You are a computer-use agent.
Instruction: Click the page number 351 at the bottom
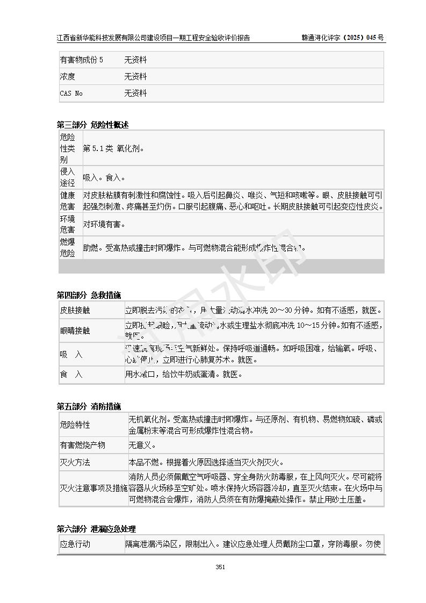tap(220, 567)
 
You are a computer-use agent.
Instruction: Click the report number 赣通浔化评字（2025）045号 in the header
tap(343, 38)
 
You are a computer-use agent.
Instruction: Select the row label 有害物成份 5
tap(81, 60)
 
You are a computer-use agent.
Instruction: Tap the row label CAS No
tap(71, 94)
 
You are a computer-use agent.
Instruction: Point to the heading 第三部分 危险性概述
tap(92, 125)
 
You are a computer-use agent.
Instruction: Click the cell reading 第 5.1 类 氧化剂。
tap(113, 148)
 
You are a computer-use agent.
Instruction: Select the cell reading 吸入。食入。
tap(104, 177)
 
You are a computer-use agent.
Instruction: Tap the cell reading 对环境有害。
tap(104, 225)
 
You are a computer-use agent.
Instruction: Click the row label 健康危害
tap(68, 200)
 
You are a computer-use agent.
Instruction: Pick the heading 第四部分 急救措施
tap(89, 295)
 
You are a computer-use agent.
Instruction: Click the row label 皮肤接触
tap(75, 311)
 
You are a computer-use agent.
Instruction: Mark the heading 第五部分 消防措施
tap(89, 406)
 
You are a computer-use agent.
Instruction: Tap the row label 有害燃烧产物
tap(82, 446)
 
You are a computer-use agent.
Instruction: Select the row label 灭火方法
tap(75, 462)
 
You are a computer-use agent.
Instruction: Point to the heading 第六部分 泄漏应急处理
tap(96, 529)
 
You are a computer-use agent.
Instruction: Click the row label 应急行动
tap(75, 544)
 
